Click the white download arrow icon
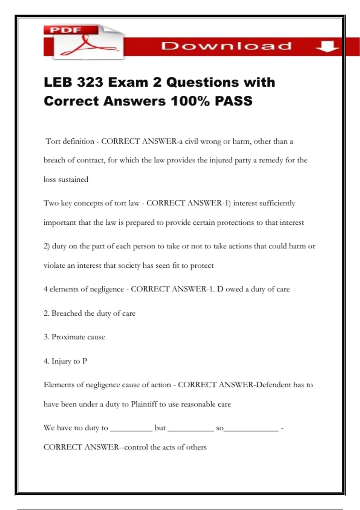tap(327, 46)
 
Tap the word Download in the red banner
tap(226, 46)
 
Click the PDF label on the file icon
tap(66, 30)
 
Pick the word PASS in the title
tap(234, 101)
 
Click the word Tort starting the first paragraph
tap(53, 141)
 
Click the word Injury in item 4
tap(61, 361)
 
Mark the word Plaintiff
tap(144, 404)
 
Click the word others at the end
tap(196, 447)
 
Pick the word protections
tap(235, 223)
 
